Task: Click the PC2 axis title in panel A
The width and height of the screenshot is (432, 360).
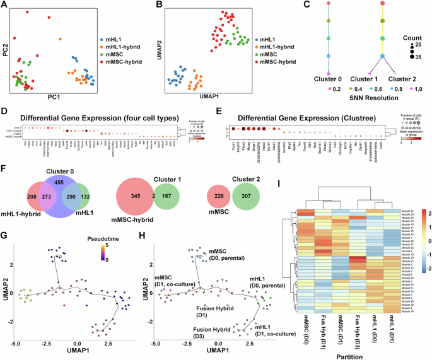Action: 5,48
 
